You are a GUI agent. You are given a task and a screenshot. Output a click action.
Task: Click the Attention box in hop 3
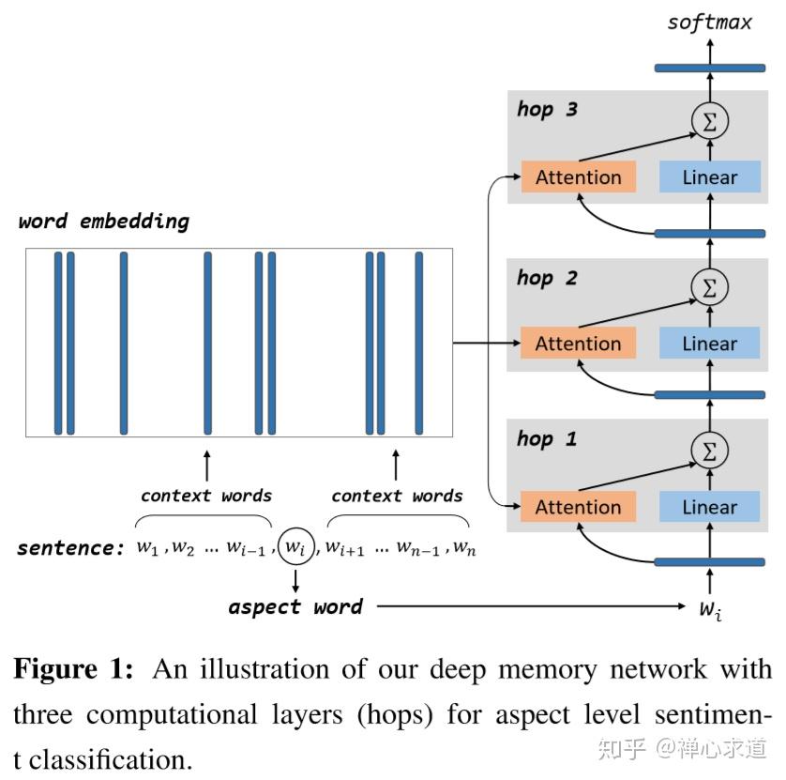tap(578, 177)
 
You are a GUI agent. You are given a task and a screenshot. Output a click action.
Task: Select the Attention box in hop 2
tap(578, 344)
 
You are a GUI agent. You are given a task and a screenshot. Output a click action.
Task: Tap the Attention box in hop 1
tap(578, 507)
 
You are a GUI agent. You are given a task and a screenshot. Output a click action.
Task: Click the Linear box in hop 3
tap(709, 177)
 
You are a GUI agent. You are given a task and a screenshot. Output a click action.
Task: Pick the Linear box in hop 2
tap(709, 344)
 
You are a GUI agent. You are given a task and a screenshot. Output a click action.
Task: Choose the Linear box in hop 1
tap(709, 507)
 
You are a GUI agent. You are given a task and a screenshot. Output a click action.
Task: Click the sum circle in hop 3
tap(709, 120)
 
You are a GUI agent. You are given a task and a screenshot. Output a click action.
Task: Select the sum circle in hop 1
tap(709, 451)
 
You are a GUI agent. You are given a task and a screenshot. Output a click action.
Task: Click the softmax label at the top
tap(709, 23)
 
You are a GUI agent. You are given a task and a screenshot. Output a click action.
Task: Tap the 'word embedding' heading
tap(103, 222)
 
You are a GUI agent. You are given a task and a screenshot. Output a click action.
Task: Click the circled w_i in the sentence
tap(295, 545)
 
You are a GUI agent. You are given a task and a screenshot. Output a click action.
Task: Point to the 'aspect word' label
tap(295, 607)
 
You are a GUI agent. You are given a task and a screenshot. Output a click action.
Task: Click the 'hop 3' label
tap(547, 110)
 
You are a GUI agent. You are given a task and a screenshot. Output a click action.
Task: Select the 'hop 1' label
tap(547, 438)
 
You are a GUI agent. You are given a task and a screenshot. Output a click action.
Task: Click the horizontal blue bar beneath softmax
tap(709, 68)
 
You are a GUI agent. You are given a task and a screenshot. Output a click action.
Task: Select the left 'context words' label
tap(206, 496)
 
